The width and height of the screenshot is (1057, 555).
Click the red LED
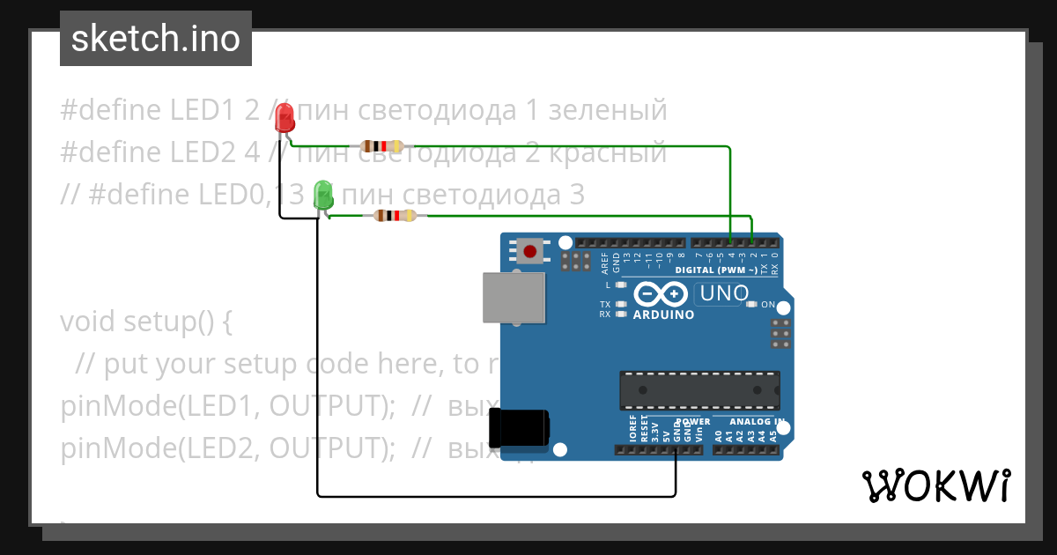click(285, 117)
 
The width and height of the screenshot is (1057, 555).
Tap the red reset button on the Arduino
click(530, 252)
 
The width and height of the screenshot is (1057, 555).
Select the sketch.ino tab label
click(156, 39)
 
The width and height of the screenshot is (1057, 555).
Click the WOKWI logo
click(935, 485)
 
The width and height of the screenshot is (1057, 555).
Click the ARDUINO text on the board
click(663, 314)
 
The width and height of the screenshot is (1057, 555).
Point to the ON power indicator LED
click(750, 305)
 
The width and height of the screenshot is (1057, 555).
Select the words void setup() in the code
click(145, 322)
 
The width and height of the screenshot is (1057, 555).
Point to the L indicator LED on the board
click(621, 285)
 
